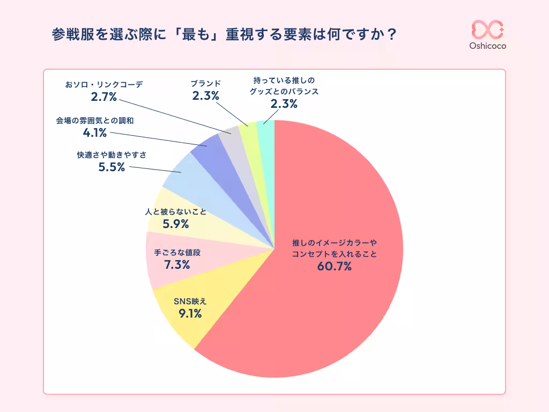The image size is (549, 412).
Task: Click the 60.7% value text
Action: click(x=334, y=266)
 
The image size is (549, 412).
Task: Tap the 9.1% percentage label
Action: click(x=190, y=314)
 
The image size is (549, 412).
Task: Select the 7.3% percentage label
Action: click(x=177, y=264)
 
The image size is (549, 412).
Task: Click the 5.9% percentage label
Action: click(x=176, y=224)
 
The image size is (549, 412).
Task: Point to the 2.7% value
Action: click(x=103, y=97)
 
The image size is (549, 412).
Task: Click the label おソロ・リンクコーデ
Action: click(x=103, y=84)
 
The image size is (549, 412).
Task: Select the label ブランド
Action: click(x=206, y=84)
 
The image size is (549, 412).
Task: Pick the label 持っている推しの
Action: click(x=284, y=80)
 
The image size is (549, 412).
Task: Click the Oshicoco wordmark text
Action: click(x=487, y=46)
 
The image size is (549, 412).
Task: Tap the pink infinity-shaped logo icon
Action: click(x=487, y=29)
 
